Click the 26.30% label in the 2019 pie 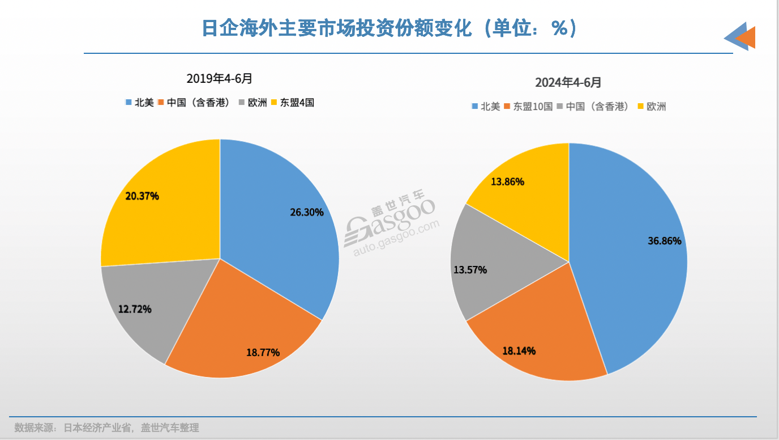click(306, 213)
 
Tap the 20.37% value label click(142, 196)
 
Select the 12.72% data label click(135, 310)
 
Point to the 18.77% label click(263, 352)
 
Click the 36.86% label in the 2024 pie click(665, 241)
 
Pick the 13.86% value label click(507, 182)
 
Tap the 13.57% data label click(470, 270)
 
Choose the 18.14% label click(519, 351)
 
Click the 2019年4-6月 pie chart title click(220, 78)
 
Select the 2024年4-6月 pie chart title click(568, 83)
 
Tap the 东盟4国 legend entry click(293, 103)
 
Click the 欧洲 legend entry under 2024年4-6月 click(652, 106)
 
